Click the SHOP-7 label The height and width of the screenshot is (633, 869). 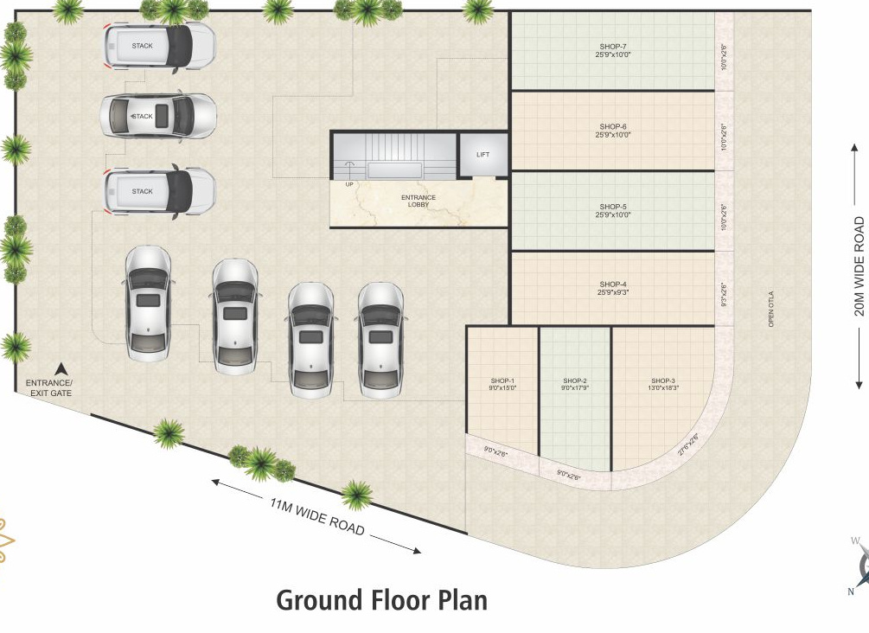pos(613,45)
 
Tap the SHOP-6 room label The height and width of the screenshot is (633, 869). pos(613,126)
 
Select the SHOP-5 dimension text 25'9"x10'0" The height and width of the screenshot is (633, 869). pos(613,214)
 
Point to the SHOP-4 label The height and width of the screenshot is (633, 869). pos(613,284)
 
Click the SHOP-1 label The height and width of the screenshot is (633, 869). pos(502,380)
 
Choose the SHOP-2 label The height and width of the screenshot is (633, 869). pos(575,380)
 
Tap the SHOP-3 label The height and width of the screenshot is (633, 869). pos(663,380)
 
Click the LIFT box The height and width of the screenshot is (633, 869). pos(482,155)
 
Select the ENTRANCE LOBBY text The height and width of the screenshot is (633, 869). pos(419,201)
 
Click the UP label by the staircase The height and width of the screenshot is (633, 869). pos(349,183)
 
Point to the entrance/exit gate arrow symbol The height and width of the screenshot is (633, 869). pos(61,368)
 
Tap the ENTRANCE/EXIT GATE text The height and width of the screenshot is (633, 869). pos(49,387)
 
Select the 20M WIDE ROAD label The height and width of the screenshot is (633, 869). pos(859,265)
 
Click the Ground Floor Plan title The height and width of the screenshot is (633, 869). pos(381,599)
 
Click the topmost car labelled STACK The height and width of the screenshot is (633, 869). pos(159,46)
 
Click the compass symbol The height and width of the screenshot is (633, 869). pos(862,566)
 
